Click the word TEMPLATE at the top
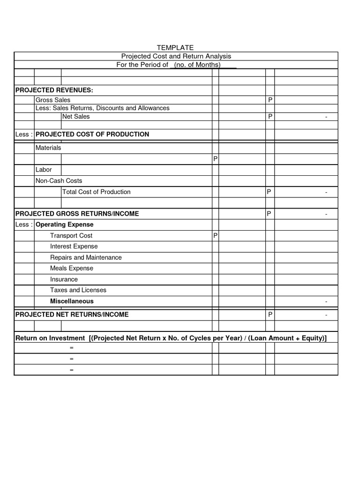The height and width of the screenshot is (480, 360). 174,48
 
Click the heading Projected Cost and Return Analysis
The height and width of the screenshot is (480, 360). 176,56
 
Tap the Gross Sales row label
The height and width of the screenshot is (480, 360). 53,100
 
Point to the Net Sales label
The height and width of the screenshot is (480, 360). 76,116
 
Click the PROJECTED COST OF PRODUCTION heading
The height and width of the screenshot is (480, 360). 92,134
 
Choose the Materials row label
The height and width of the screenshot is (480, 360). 48,148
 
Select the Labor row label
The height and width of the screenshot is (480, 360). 44,170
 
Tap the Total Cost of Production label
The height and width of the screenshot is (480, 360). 97,192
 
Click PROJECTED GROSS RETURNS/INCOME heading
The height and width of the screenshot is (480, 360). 77,214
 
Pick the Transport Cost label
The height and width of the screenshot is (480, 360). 71,236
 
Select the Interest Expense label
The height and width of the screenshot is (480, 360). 74,247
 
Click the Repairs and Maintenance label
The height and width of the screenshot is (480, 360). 86,257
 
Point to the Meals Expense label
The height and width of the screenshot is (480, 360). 72,268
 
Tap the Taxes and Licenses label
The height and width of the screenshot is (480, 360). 78,290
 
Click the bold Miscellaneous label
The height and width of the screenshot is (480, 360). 72,301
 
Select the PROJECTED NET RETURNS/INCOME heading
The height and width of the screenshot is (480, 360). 72,315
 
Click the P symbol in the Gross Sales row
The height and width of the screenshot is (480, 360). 270,100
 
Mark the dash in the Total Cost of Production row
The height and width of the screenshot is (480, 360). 326,192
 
